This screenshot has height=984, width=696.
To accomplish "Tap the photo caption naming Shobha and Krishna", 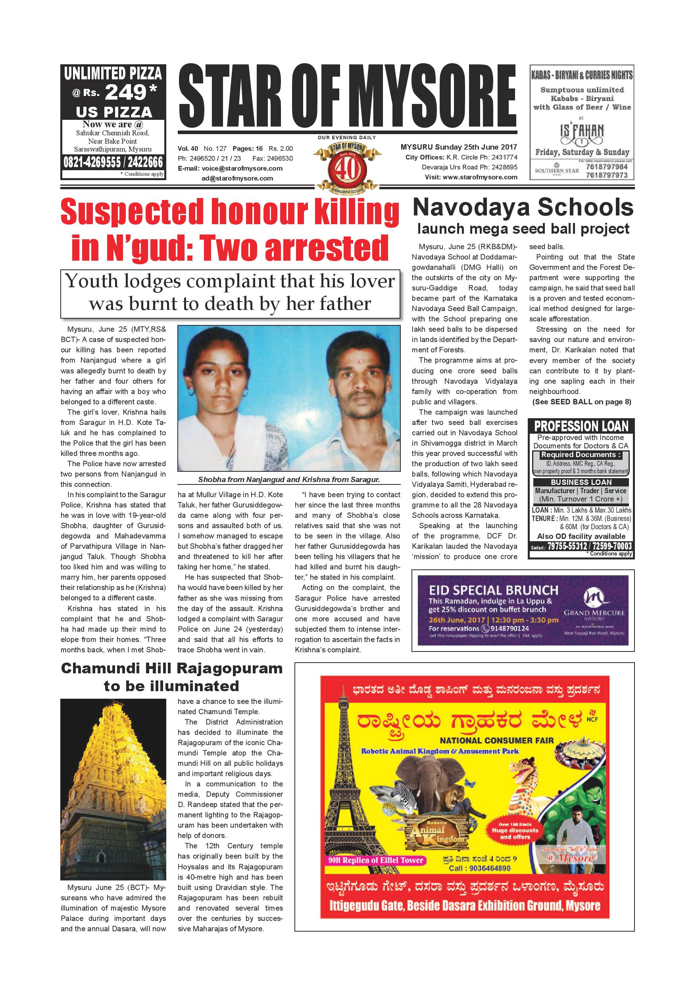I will point(289,480).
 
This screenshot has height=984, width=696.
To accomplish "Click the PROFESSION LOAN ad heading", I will point(581,427).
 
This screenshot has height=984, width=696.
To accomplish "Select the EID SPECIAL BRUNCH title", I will point(494,590).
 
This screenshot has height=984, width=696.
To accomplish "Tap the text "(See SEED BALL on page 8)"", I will point(582,402).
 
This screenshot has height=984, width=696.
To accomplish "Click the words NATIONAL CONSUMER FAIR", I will point(497,740).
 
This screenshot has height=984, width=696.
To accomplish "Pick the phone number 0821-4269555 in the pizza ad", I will point(89,162).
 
